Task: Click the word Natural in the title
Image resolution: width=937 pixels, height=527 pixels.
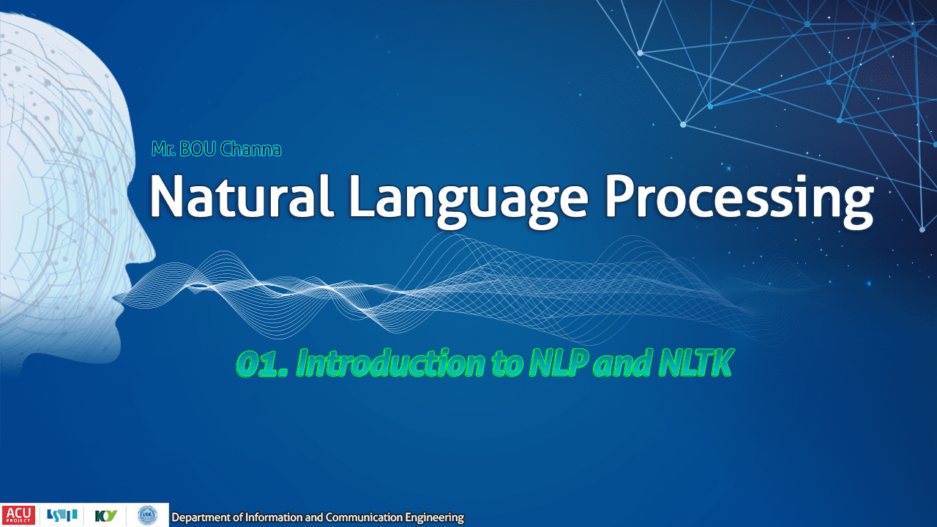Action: click(x=242, y=196)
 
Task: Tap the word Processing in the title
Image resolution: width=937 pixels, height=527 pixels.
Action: click(x=739, y=201)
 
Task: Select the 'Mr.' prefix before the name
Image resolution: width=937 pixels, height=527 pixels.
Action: click(x=163, y=149)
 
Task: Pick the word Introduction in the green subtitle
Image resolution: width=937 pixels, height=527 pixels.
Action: click(x=391, y=363)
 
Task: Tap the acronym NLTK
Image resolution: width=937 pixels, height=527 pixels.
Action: click(x=695, y=363)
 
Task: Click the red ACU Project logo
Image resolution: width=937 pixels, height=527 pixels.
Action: click(x=18, y=515)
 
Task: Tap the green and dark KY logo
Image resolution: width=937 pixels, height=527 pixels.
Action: click(x=106, y=516)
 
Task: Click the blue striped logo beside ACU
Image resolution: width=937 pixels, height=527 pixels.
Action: click(x=62, y=515)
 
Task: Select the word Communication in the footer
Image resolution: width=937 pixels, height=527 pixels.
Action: click(x=364, y=517)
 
